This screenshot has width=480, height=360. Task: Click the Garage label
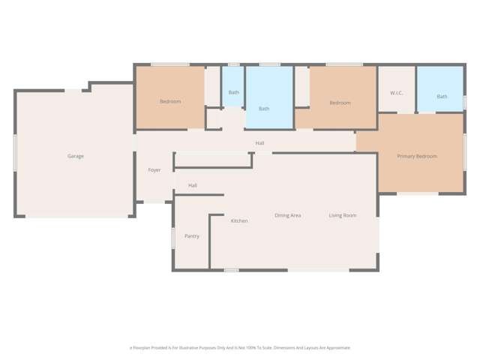click(76, 156)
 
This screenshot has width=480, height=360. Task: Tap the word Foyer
click(154, 170)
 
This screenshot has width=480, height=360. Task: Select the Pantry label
click(192, 236)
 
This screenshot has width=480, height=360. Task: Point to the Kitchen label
click(239, 221)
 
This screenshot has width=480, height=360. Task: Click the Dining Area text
click(288, 216)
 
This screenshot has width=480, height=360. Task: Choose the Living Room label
click(343, 216)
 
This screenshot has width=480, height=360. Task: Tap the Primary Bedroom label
click(417, 156)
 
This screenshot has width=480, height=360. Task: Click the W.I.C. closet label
click(397, 93)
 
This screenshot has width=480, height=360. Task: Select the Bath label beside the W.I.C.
click(442, 97)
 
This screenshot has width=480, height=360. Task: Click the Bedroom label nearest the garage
click(170, 101)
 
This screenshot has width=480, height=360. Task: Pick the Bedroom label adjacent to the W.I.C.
click(340, 103)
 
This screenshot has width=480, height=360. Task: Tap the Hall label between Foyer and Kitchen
click(193, 185)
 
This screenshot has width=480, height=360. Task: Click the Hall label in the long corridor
click(259, 143)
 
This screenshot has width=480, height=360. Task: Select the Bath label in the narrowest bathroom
click(234, 92)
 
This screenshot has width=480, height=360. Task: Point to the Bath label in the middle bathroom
click(264, 109)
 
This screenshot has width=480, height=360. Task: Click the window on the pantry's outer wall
click(173, 238)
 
